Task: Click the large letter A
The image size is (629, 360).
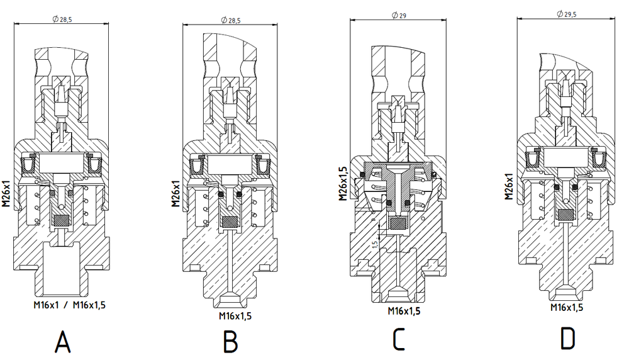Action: coord(62,342)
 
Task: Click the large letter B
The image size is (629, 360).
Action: coord(231,342)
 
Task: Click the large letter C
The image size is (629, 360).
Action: coord(399,339)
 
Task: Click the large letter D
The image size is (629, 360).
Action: coord(567,339)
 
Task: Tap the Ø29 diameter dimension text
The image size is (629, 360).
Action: coord(399,15)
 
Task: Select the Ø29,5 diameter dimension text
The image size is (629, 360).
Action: coord(567,14)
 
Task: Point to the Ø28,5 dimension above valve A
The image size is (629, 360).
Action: coord(62,20)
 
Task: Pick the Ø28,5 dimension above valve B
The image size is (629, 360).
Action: coord(231,20)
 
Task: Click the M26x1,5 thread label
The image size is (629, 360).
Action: coord(343,183)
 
